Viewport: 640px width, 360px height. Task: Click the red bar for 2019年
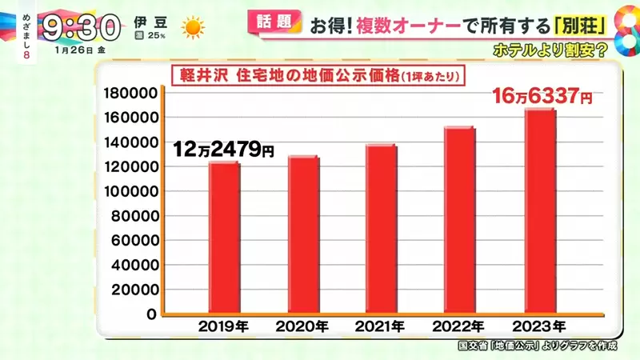(x=224, y=238)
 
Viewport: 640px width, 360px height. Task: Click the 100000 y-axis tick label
(x=130, y=191)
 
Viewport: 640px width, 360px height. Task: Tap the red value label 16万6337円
(x=543, y=98)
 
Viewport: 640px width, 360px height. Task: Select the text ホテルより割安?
(x=547, y=47)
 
